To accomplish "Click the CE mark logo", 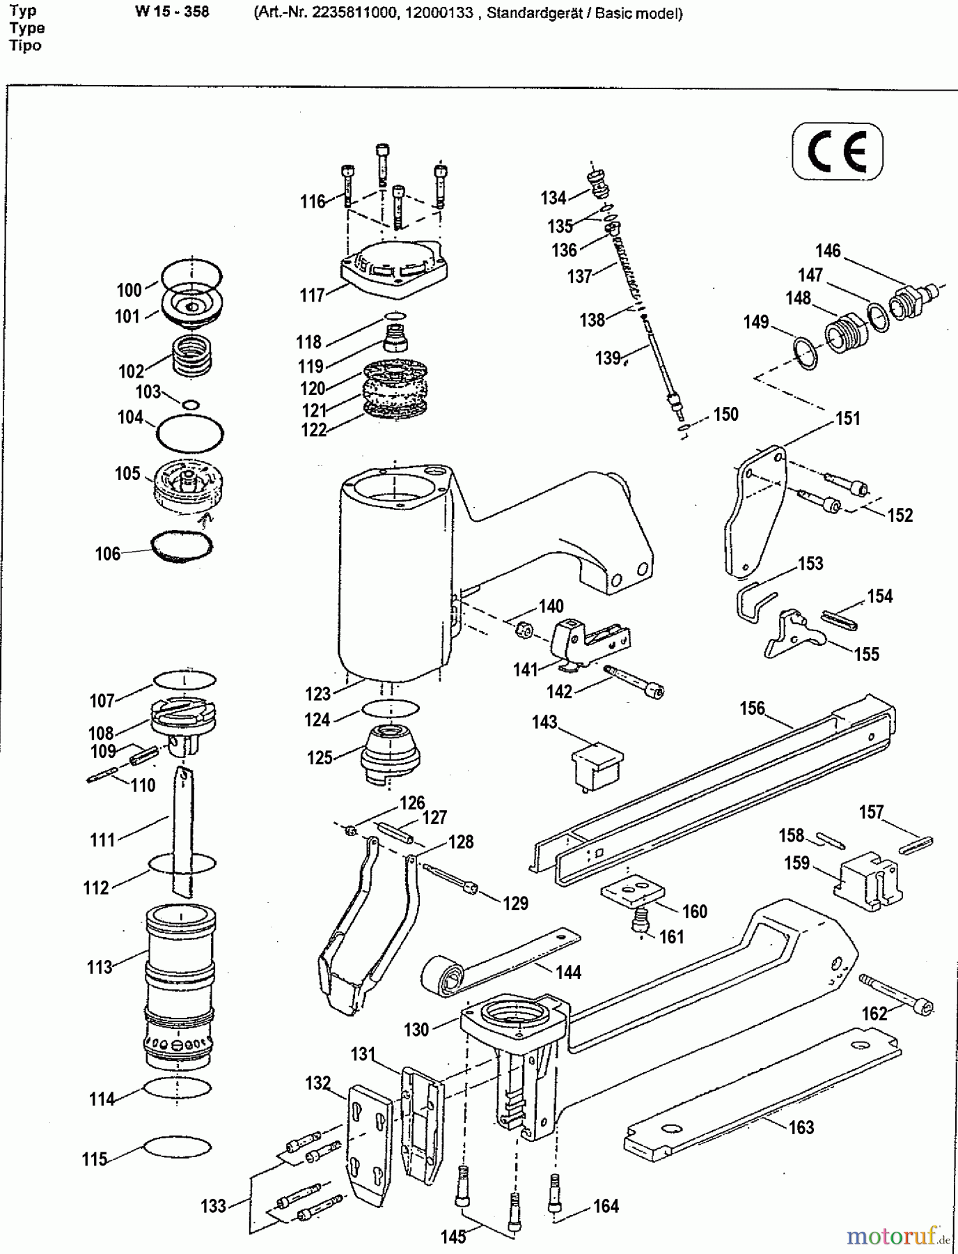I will click(x=837, y=152).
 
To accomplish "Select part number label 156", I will click(x=752, y=709).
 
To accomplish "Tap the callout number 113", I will click(x=100, y=967).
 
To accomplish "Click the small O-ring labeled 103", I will click(x=191, y=404).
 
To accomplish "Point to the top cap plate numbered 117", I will click(x=393, y=265).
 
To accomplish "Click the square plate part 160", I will click(x=632, y=891).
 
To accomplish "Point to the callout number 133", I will click(x=213, y=1205).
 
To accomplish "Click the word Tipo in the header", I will click(x=26, y=45).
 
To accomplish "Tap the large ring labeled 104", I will click(x=190, y=435).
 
